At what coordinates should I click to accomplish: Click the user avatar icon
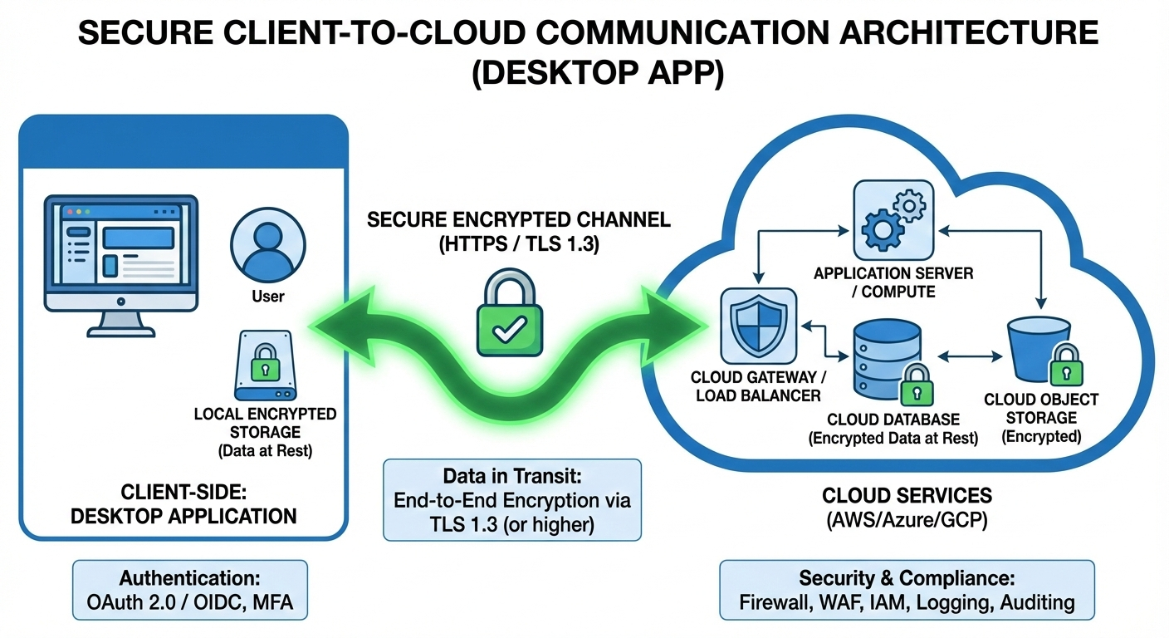coord(267,243)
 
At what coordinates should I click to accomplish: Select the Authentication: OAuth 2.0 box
coord(189,590)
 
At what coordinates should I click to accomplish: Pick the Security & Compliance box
coord(907,590)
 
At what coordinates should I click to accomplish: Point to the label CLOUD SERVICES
coord(907,496)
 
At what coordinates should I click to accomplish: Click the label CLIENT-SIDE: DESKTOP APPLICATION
coord(183,504)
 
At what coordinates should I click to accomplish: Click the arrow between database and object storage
coord(969,358)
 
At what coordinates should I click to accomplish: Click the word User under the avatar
coord(267,297)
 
